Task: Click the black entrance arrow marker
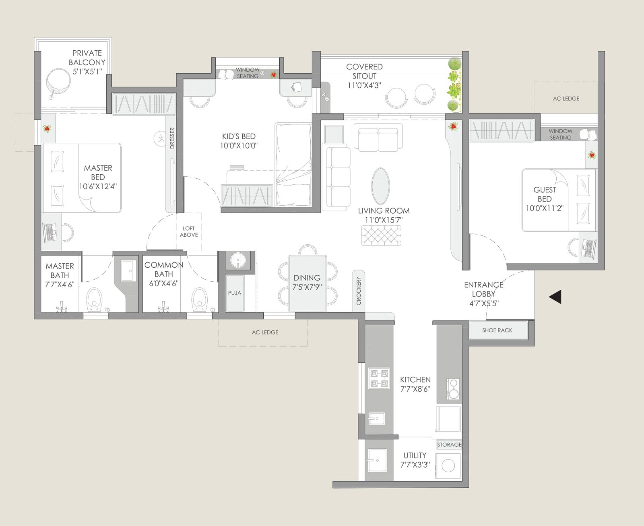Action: [556, 297]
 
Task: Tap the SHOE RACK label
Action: [497, 330]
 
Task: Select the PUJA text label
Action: [234, 293]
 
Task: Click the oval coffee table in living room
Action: [380, 186]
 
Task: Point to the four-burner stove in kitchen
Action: [379, 378]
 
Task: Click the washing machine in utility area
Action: [448, 466]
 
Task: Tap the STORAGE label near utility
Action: [449, 444]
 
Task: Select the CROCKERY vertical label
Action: [359, 291]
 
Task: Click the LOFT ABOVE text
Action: [189, 231]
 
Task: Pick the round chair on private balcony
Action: [58, 82]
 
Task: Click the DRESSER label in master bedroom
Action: [172, 138]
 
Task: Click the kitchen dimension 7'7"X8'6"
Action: [415, 389]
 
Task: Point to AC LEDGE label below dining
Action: [265, 332]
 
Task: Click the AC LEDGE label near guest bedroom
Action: [566, 98]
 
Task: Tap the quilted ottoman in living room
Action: [381, 235]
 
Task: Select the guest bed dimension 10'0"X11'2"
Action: [545, 208]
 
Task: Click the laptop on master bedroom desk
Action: [50, 232]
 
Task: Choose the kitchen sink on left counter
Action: [377, 419]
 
